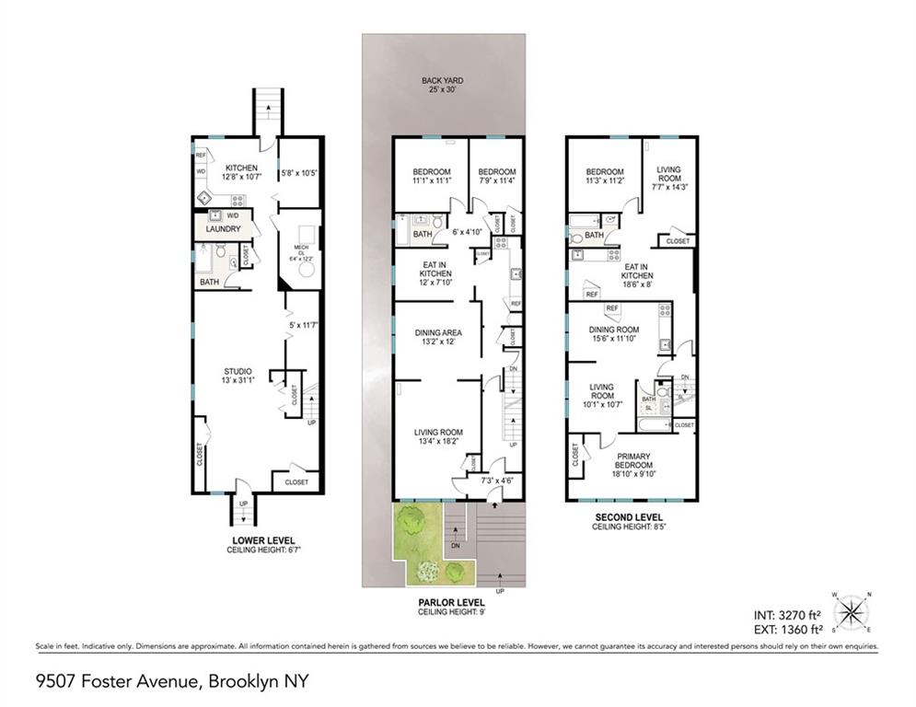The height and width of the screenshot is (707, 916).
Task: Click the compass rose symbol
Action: pos(851,612)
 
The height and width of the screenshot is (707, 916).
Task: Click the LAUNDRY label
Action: pos(223,229)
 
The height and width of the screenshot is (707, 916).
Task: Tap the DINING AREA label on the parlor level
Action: pos(438,332)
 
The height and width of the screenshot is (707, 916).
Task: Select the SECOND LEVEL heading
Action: pos(631,517)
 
